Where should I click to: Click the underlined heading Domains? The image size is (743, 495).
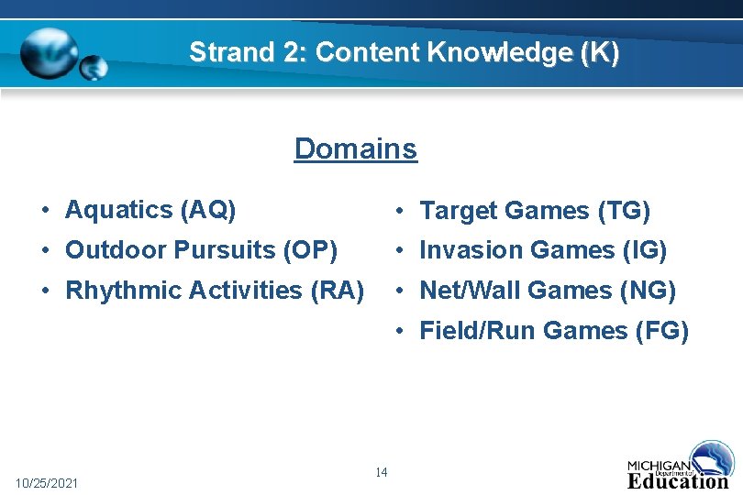(355, 148)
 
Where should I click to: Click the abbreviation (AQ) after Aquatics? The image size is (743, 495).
(209, 210)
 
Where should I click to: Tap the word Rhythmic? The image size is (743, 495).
(123, 291)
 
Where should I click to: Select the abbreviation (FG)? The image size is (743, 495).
(661, 331)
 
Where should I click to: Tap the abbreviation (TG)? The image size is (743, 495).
(624, 212)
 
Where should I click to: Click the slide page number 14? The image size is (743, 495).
(382, 472)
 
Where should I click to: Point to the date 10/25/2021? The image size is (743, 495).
(48, 483)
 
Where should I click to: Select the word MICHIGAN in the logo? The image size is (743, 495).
(659, 465)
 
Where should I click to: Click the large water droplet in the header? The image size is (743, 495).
(50, 52)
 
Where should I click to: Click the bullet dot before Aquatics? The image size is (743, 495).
(44, 211)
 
